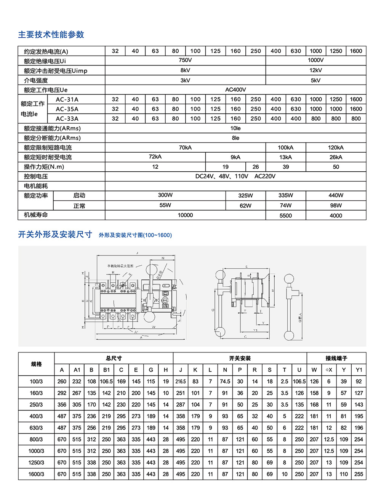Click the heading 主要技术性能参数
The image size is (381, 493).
tap(51, 35)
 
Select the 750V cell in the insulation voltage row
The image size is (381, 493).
tap(185, 60)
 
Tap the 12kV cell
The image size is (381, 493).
tap(315, 70)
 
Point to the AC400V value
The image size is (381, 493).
tap(235, 89)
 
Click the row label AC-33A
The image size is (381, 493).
tap(67, 118)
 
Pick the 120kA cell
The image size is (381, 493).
tap(336, 147)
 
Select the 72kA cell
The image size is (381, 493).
tap(155, 157)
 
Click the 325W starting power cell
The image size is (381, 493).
tap(245, 195)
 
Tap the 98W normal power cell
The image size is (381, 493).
tap(336, 205)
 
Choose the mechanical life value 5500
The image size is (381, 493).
tap(285, 215)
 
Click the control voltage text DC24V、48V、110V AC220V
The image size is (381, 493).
tap(235, 176)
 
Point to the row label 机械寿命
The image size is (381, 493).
tap(36, 215)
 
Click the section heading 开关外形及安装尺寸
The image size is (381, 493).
tap(55, 235)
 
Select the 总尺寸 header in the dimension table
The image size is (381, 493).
tap(114, 358)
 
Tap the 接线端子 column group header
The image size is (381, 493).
tap(336, 358)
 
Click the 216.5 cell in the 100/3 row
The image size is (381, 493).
tap(181, 381)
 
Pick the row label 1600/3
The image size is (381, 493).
tap(36, 474)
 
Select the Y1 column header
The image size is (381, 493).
tap(359, 370)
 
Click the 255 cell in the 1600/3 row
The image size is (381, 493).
tap(359, 474)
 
